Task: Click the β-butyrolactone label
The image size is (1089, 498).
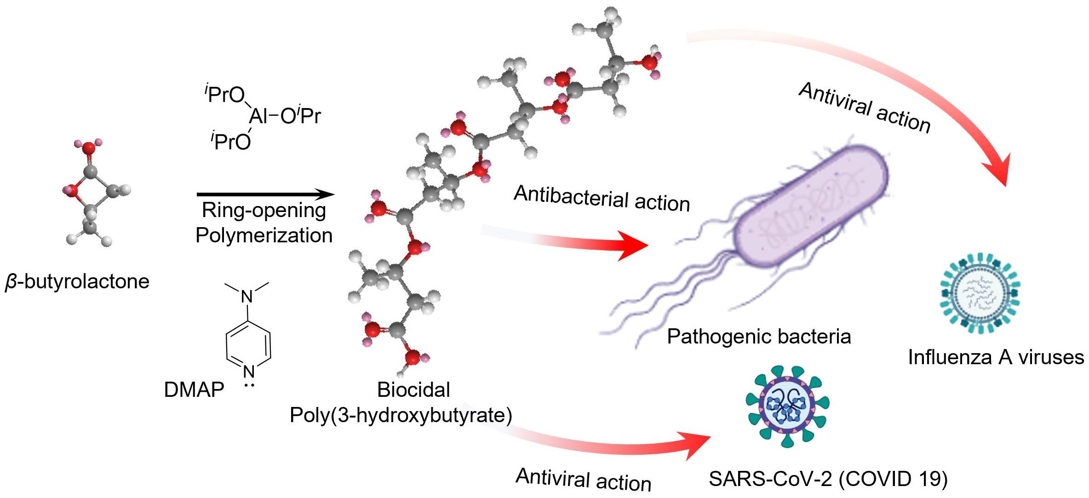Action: pyautogui.click(x=77, y=281)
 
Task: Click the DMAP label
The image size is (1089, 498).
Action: pyautogui.click(x=194, y=390)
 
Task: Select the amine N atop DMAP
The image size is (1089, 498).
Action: pyautogui.click(x=247, y=297)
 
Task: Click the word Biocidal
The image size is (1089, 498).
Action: pyautogui.click(x=413, y=390)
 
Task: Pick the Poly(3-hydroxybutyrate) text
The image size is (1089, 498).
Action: pyautogui.click(x=401, y=415)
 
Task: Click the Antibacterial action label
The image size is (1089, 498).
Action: pyautogui.click(x=602, y=199)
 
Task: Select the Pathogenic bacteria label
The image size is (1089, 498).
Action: pyautogui.click(x=759, y=337)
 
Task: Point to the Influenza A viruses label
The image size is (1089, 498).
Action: pyautogui.click(x=996, y=357)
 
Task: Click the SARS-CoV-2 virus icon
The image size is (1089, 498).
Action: pyautogui.click(x=788, y=407)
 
